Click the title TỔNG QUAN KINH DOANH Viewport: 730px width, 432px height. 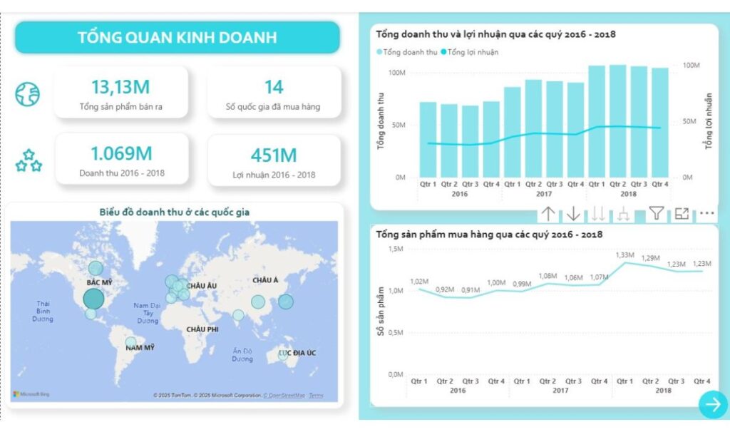[x=177, y=37]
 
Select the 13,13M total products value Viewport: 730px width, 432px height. [x=120, y=87]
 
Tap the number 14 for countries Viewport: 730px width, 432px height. [x=274, y=87]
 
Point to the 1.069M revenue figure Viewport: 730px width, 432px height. [x=120, y=153]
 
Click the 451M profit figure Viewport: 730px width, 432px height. [x=274, y=155]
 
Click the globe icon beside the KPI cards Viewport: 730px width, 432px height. [x=28, y=93]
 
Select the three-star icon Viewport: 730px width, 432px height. [x=29, y=161]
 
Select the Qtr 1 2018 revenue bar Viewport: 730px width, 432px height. [x=597, y=121]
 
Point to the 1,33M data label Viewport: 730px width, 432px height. [x=624, y=255]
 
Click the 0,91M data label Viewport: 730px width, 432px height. [x=471, y=290]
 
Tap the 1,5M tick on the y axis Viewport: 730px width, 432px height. [x=395, y=249]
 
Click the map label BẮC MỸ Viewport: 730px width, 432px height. [x=99, y=283]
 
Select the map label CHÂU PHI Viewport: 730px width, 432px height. [x=202, y=329]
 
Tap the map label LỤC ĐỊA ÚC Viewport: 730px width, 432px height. [x=297, y=353]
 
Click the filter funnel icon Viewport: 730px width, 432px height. [x=656, y=213]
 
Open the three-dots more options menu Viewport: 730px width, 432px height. [x=706, y=213]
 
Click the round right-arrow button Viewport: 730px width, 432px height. [x=712, y=405]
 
